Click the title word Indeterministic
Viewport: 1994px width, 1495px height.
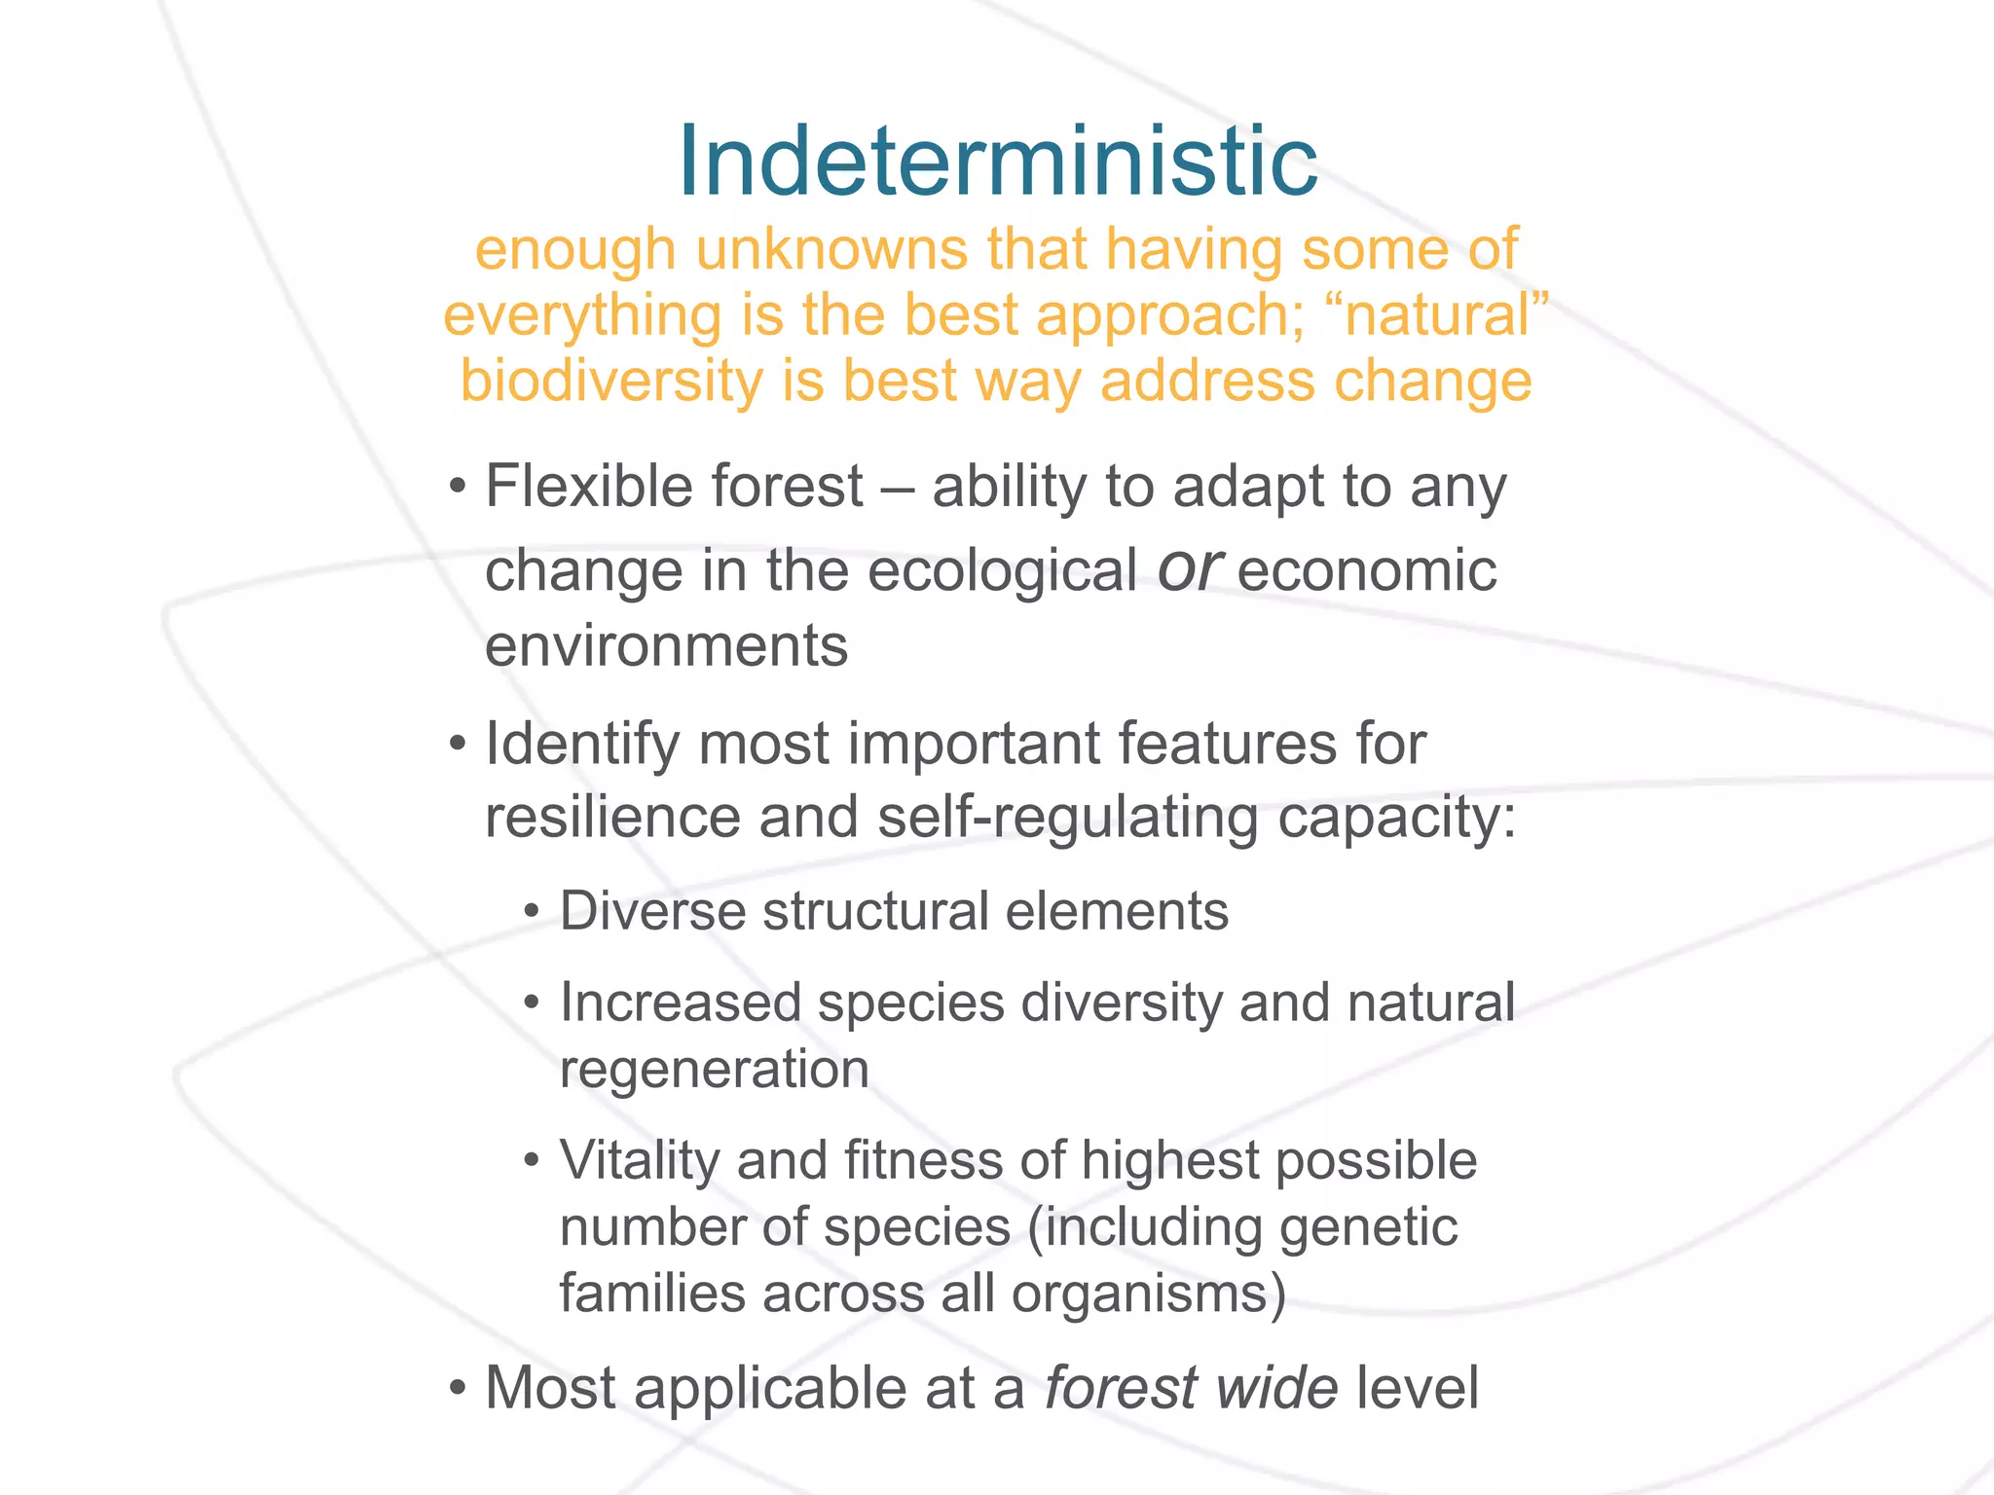click(997, 161)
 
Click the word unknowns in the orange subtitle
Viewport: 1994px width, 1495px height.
click(831, 249)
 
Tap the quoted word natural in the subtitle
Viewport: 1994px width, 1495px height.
click(1436, 315)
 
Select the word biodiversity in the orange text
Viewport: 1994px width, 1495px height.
click(610, 381)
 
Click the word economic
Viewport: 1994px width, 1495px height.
click(1367, 570)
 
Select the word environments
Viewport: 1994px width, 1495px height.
click(666, 645)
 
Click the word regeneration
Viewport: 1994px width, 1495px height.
click(714, 1069)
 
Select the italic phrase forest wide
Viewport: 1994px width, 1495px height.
click(1191, 1387)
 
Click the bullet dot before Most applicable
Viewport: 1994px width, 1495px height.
click(458, 1387)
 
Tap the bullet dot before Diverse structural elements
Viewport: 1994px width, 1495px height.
click(531, 913)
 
